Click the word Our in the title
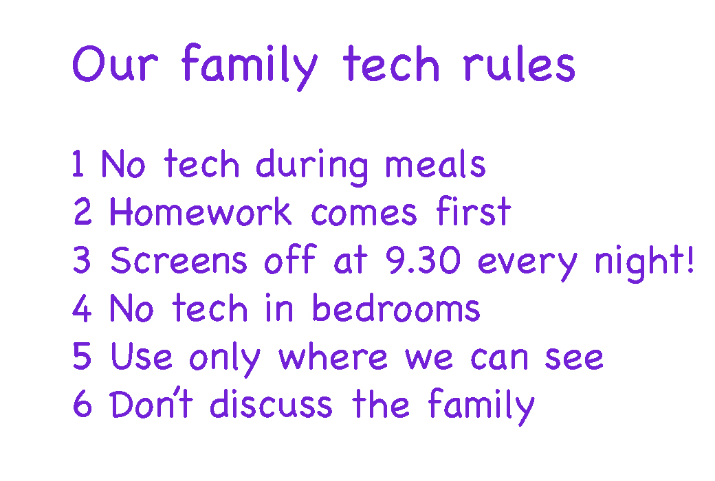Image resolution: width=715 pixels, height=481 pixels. tap(115, 63)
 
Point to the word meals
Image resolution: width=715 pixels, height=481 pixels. tap(435, 164)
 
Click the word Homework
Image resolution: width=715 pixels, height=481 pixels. tap(200, 212)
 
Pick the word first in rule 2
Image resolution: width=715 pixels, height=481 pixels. tap(473, 211)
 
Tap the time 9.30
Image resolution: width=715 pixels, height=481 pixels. tap(423, 260)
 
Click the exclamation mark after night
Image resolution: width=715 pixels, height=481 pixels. tap(690, 259)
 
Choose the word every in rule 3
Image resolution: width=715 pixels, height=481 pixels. tap(527, 265)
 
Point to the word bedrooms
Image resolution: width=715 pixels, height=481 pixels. tap(396, 307)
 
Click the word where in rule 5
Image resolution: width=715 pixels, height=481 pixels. tap(333, 357)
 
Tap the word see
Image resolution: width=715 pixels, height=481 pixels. tap(574, 358)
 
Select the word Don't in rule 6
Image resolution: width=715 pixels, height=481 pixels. tap(151, 403)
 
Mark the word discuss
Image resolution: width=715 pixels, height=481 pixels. tap(271, 403)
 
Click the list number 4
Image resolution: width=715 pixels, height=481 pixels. tap(82, 308)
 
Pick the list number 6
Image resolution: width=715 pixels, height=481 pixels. tap(82, 403)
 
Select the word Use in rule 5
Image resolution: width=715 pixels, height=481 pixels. tap(142, 356)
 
